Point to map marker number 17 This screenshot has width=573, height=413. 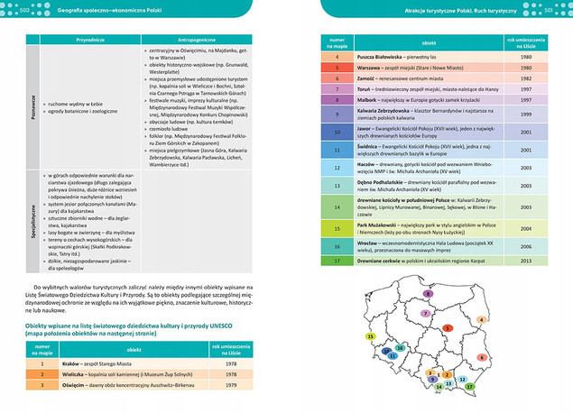tap(470, 384)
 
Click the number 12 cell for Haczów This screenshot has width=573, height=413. tap(337, 169)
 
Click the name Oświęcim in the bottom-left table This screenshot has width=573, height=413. tap(78, 385)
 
